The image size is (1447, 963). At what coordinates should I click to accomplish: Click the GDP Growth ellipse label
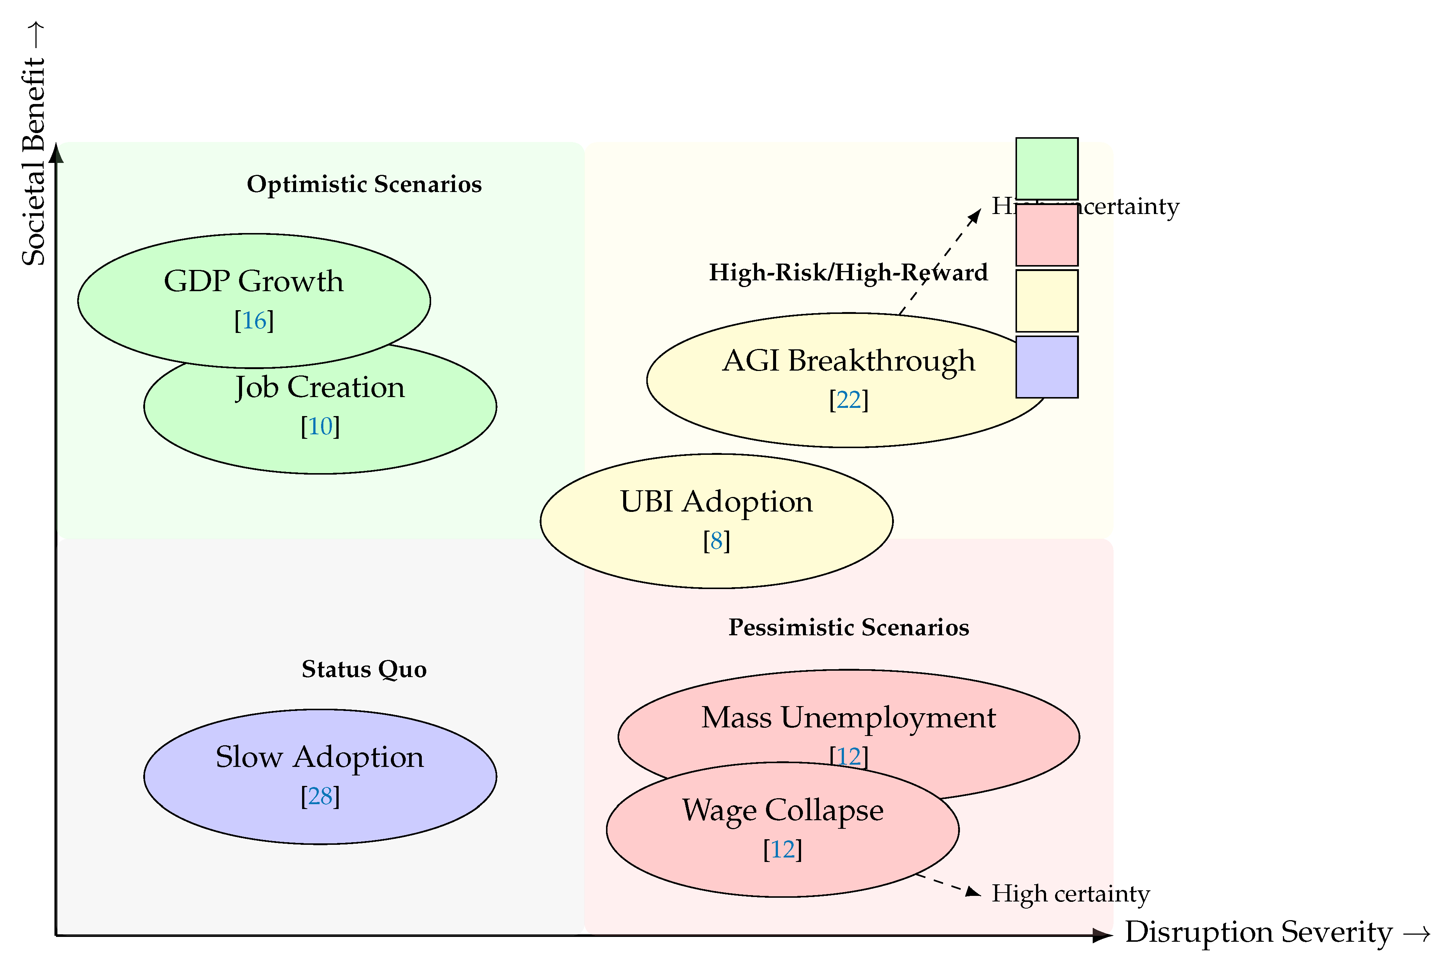(253, 281)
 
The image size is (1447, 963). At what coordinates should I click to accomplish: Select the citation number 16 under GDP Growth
(254, 321)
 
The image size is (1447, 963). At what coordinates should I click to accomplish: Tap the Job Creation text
(320, 387)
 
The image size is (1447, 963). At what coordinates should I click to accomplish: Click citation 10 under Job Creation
(320, 426)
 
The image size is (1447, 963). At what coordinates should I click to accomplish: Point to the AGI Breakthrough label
(848, 361)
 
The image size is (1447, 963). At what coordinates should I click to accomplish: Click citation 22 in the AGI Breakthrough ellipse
(848, 400)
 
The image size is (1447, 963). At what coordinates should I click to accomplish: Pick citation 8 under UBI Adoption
(716, 541)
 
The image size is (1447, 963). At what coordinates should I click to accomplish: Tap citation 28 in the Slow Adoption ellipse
(320, 797)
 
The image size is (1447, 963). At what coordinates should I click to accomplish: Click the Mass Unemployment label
(848, 717)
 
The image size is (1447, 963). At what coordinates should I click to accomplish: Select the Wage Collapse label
(782, 810)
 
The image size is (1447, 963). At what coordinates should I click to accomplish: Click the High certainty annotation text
(1070, 894)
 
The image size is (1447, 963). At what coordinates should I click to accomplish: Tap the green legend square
(1046, 169)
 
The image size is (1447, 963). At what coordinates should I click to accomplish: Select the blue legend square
(1046, 366)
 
